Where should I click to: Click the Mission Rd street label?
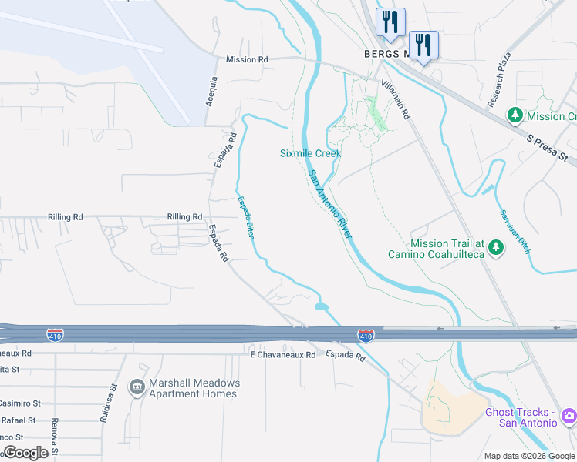click(247, 59)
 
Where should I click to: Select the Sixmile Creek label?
click(310, 153)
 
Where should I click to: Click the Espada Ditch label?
click(245, 219)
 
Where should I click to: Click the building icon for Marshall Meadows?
click(137, 387)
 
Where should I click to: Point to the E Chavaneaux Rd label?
click(283, 355)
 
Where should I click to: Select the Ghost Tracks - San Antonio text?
click(521, 417)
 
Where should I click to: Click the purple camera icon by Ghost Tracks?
click(569, 416)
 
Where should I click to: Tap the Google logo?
click(25, 453)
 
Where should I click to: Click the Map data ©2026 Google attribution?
click(530, 456)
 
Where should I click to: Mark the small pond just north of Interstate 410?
click(322, 306)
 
